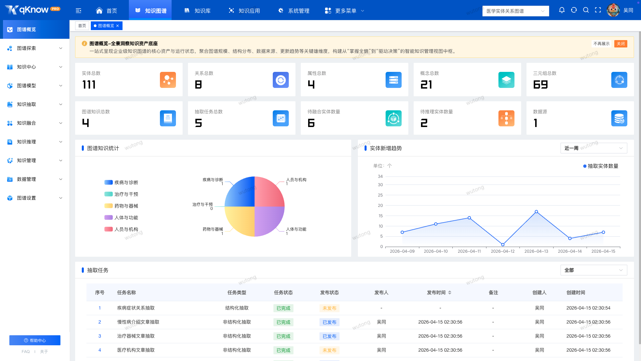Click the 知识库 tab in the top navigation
[x=197, y=11]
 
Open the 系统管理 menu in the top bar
[x=293, y=11]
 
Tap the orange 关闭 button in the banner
[x=621, y=44]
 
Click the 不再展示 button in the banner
[x=601, y=44]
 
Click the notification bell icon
[x=562, y=10]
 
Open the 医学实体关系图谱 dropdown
[x=515, y=11]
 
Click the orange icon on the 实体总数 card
[x=168, y=80]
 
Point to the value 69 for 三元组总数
[x=541, y=85]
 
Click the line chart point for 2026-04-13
[x=536, y=212]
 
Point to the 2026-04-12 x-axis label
[x=502, y=251]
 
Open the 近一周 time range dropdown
[x=594, y=148]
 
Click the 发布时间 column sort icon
[x=450, y=292]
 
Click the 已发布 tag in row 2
[x=330, y=322]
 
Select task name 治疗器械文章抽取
[x=136, y=336]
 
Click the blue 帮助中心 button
[x=35, y=340]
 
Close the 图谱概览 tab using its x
[x=118, y=26]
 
